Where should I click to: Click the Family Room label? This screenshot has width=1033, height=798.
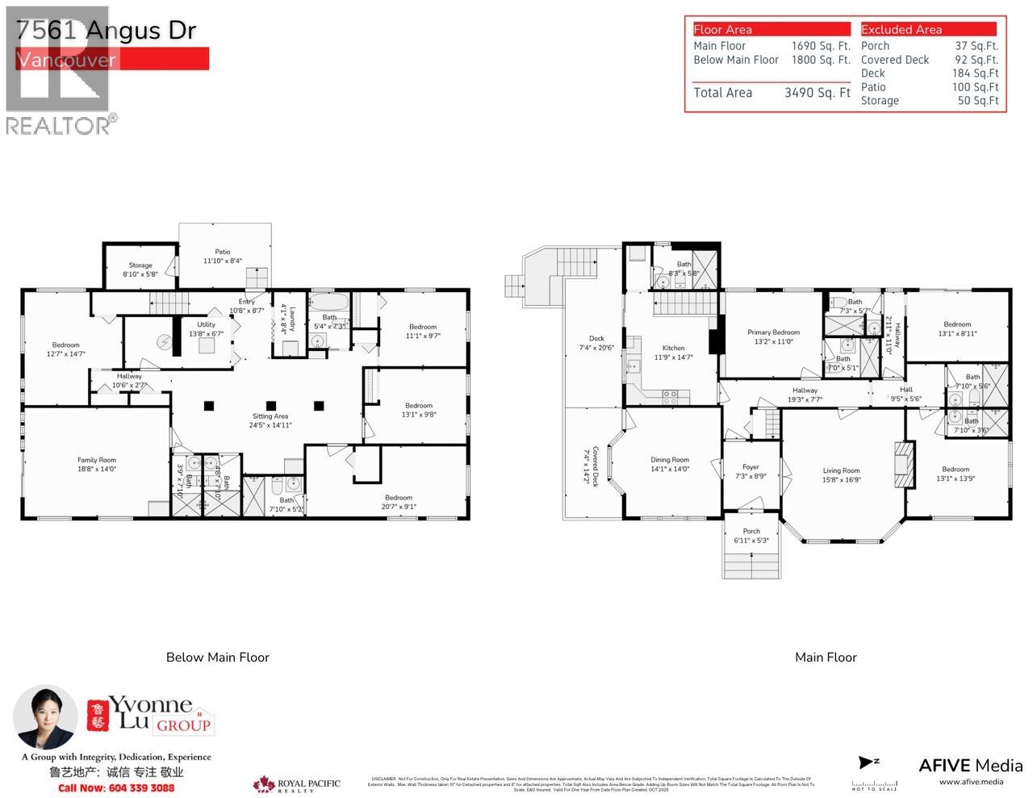click(x=97, y=460)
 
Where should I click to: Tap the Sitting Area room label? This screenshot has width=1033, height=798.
click(x=270, y=416)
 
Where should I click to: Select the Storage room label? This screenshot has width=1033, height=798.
click(x=140, y=265)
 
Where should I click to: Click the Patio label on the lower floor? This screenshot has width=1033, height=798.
click(x=222, y=252)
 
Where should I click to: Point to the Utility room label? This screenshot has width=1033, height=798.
click(x=206, y=324)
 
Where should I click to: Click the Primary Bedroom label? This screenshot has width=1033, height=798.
click(x=773, y=332)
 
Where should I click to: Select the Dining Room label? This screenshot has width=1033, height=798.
click(x=670, y=460)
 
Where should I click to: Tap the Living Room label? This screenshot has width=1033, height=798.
click(x=841, y=470)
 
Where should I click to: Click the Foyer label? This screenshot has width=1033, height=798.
click(x=751, y=467)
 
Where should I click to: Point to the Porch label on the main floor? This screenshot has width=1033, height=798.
click(x=751, y=531)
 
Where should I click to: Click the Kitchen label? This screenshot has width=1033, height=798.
click(x=673, y=349)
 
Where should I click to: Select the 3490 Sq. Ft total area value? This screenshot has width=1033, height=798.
click(x=817, y=93)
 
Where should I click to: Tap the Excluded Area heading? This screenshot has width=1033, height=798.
click(x=901, y=30)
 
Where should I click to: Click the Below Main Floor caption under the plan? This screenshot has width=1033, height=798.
click(x=218, y=658)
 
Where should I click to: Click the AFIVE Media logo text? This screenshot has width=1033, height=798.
click(x=971, y=766)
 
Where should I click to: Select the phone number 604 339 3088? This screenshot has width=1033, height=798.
click(x=116, y=788)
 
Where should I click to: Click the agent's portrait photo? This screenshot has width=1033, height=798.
click(x=45, y=718)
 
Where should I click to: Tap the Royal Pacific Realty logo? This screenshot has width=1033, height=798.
click(x=297, y=784)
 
